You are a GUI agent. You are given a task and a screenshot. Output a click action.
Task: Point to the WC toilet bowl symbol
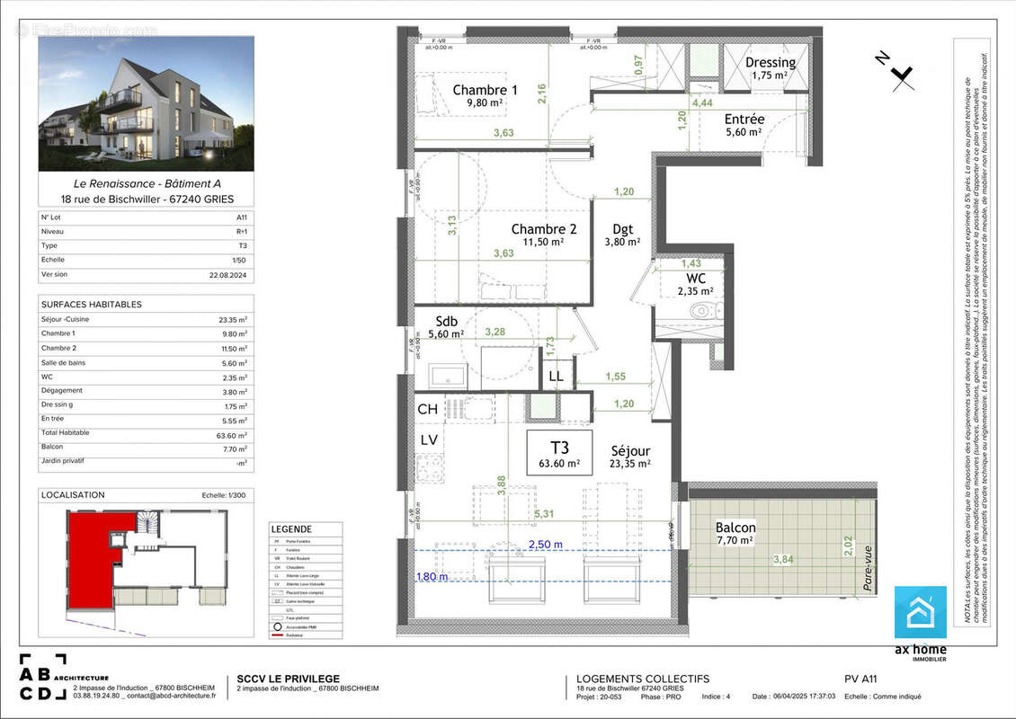pyautogui.click(x=701, y=312)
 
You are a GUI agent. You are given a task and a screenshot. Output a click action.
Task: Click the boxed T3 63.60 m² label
pyautogui.click(x=558, y=453)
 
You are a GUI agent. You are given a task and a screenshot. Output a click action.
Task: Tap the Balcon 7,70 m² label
pyautogui.click(x=735, y=533)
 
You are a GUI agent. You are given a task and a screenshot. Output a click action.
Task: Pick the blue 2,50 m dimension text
pyautogui.click(x=545, y=545)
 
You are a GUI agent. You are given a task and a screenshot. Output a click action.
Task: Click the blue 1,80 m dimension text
pyautogui.click(x=432, y=577)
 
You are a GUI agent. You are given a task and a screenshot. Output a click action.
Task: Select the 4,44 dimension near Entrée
pyautogui.click(x=701, y=102)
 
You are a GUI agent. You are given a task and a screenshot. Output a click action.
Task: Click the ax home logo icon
pyautogui.click(x=920, y=612)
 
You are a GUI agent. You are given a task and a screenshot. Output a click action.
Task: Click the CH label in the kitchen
pyautogui.click(x=428, y=410)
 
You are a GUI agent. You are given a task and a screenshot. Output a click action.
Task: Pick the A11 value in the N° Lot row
pyautogui.click(x=241, y=217)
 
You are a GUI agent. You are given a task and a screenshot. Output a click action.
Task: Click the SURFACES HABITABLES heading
pyautogui.click(x=92, y=305)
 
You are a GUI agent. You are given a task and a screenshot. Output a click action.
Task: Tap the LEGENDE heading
pyautogui.click(x=291, y=529)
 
